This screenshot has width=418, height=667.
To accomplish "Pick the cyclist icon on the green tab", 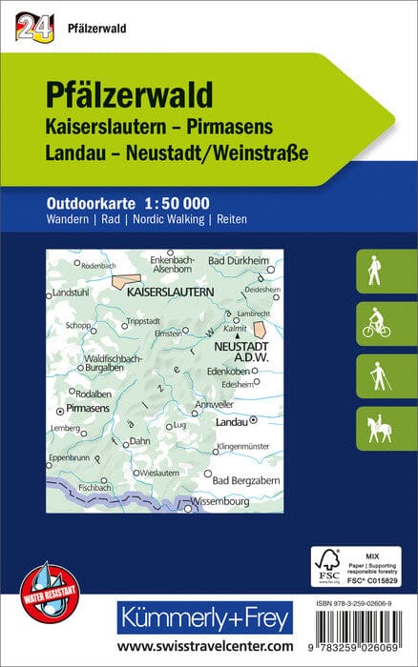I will click(374, 323).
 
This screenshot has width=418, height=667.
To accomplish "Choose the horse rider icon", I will click(374, 429).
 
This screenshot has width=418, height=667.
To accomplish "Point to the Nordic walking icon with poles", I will click(374, 376).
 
